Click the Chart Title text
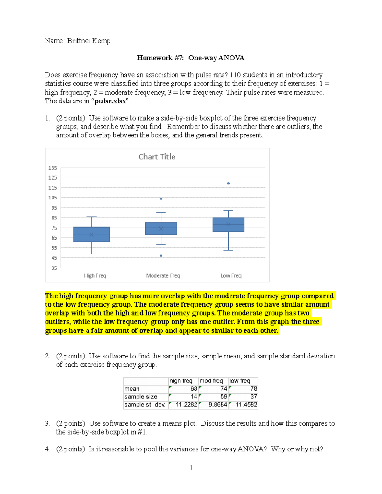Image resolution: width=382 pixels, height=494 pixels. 157,157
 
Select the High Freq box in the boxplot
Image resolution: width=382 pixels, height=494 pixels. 91,234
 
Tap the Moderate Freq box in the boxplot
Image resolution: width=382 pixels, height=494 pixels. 161,228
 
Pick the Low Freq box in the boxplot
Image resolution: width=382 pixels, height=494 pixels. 228,225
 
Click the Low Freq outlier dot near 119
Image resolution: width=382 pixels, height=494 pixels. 228,184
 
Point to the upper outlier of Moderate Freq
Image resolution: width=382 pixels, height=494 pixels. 161,199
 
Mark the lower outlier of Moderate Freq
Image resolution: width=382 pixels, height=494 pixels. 161,256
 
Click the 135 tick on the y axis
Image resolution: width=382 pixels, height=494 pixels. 53,168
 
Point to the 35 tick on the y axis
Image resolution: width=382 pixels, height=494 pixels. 54,268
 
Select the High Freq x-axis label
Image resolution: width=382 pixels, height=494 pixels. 95,275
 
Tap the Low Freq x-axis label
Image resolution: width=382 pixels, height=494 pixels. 231,275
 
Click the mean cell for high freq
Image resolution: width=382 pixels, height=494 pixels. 183,389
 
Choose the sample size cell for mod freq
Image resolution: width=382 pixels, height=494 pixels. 213,397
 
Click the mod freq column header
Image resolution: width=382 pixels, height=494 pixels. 211,381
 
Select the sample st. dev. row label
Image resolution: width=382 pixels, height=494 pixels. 145,405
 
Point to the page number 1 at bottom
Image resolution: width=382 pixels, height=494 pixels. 191,468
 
